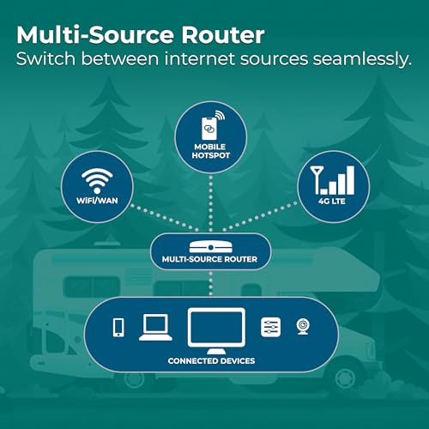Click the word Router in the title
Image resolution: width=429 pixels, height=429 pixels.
(x=223, y=35)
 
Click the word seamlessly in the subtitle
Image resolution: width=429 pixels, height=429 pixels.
(x=362, y=59)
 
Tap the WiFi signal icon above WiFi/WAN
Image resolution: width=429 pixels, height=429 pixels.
(x=97, y=181)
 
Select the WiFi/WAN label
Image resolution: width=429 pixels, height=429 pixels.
(x=97, y=201)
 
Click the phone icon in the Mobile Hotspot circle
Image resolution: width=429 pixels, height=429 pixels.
(x=209, y=129)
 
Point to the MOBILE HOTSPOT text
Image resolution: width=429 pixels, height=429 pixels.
(x=211, y=151)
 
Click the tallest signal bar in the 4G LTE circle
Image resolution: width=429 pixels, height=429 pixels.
(x=350, y=180)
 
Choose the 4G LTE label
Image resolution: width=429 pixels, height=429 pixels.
(x=332, y=201)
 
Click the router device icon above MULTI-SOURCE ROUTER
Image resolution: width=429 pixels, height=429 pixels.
(x=210, y=247)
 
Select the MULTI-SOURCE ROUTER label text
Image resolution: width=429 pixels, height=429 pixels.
(x=209, y=259)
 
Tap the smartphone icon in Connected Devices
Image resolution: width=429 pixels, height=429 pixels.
(x=118, y=327)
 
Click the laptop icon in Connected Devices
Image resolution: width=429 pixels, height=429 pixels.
(x=155, y=328)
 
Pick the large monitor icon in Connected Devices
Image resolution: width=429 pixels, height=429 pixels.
(x=216, y=331)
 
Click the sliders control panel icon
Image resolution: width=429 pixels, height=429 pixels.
(x=271, y=327)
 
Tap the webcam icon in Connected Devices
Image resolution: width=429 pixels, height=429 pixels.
(x=303, y=327)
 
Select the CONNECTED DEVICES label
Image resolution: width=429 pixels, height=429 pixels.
(x=211, y=361)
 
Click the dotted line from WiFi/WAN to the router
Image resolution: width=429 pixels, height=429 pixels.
(x=165, y=217)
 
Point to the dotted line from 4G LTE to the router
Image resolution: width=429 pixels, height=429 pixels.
(x=260, y=216)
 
